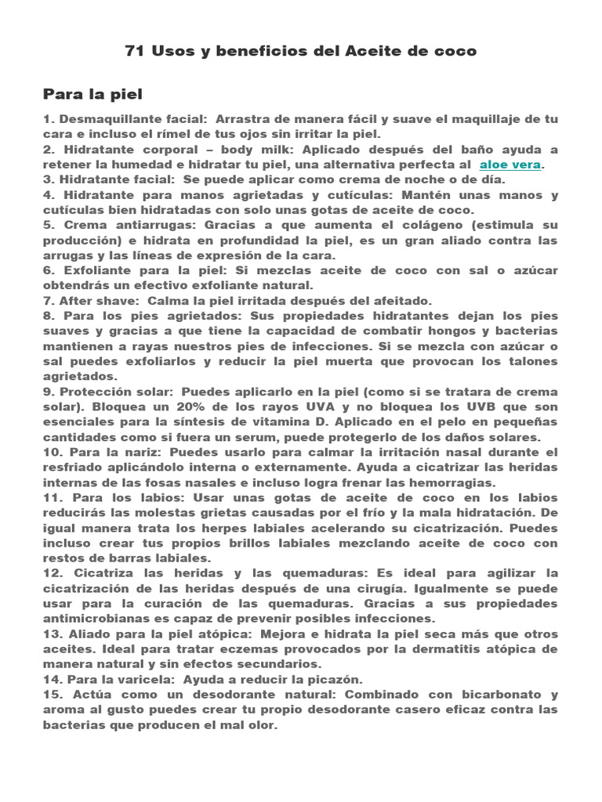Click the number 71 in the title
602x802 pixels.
point(134,52)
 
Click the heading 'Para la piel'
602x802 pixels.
point(92,95)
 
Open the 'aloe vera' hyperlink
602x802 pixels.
point(510,165)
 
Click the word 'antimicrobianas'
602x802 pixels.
point(101,619)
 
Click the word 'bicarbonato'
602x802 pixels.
point(495,694)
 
